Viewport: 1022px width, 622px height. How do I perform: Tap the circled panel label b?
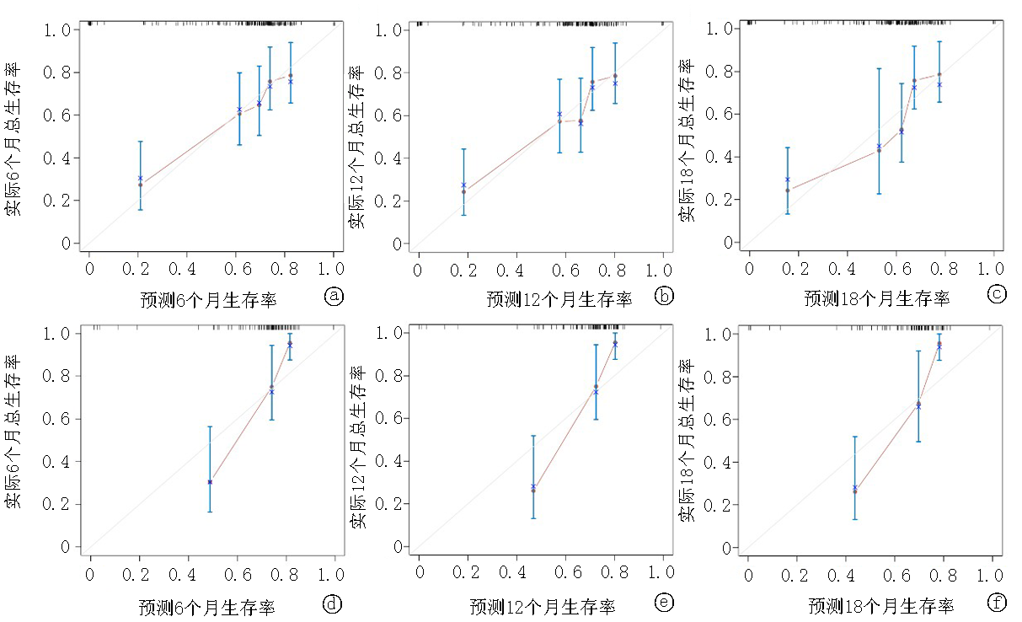(664, 296)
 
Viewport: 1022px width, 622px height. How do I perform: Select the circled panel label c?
(997, 295)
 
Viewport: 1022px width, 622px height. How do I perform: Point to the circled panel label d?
(334, 603)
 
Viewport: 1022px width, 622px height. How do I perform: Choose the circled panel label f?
(998, 603)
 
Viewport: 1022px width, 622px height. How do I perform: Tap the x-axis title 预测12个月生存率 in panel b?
(559, 299)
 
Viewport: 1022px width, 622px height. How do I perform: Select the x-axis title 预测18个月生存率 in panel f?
(881, 606)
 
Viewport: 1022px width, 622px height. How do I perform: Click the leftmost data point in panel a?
(140, 184)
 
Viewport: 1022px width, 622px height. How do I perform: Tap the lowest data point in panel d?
(210, 482)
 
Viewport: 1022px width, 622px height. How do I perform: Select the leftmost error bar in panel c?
(787, 180)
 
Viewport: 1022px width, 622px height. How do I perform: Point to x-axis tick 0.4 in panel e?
(514, 572)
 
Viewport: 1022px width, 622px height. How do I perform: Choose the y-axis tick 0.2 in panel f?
(720, 505)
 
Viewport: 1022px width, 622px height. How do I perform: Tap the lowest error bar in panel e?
(533, 476)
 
